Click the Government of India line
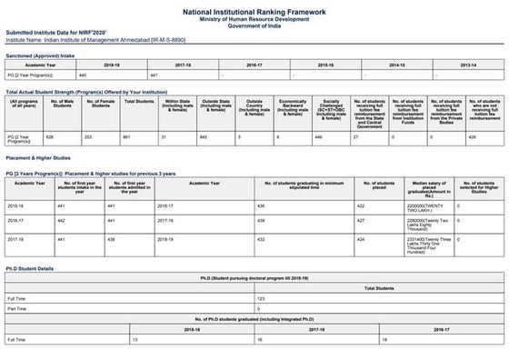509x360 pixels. click(254, 28)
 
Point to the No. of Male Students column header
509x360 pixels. click(62, 109)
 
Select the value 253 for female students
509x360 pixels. click(89, 136)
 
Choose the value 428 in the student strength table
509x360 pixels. click(472, 136)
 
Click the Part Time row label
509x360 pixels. click(18, 308)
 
